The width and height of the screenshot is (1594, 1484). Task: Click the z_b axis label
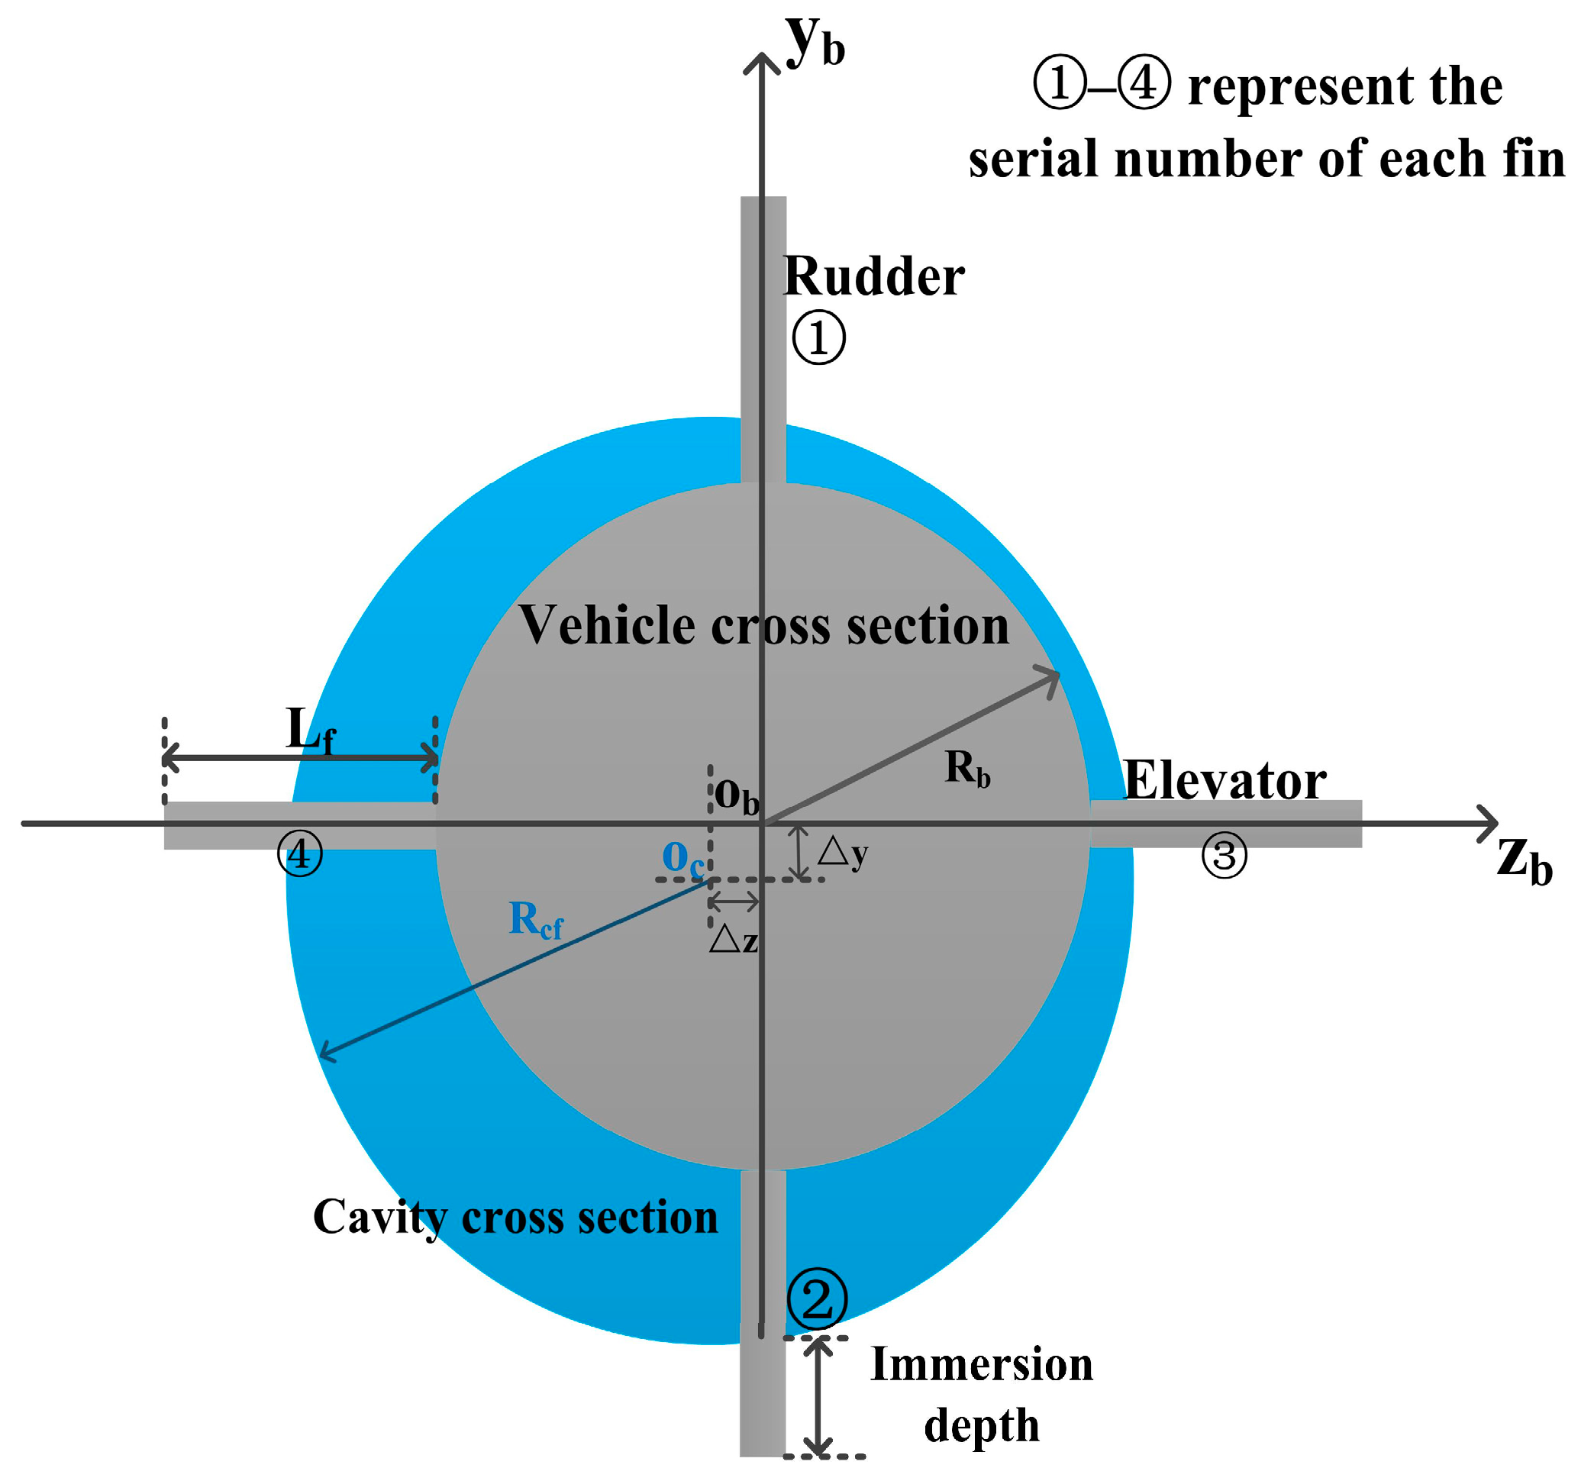[1523, 862]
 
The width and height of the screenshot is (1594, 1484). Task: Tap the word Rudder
[873, 277]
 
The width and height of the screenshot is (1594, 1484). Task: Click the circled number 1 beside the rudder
[818, 338]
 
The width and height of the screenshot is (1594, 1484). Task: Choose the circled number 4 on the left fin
[299, 853]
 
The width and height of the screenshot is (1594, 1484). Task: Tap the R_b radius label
[967, 769]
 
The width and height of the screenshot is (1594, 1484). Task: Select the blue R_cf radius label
[535, 920]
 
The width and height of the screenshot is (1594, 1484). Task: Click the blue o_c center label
[682, 859]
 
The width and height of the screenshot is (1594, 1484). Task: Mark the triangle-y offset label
[843, 853]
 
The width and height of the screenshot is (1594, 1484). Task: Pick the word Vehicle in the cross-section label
[607, 626]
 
